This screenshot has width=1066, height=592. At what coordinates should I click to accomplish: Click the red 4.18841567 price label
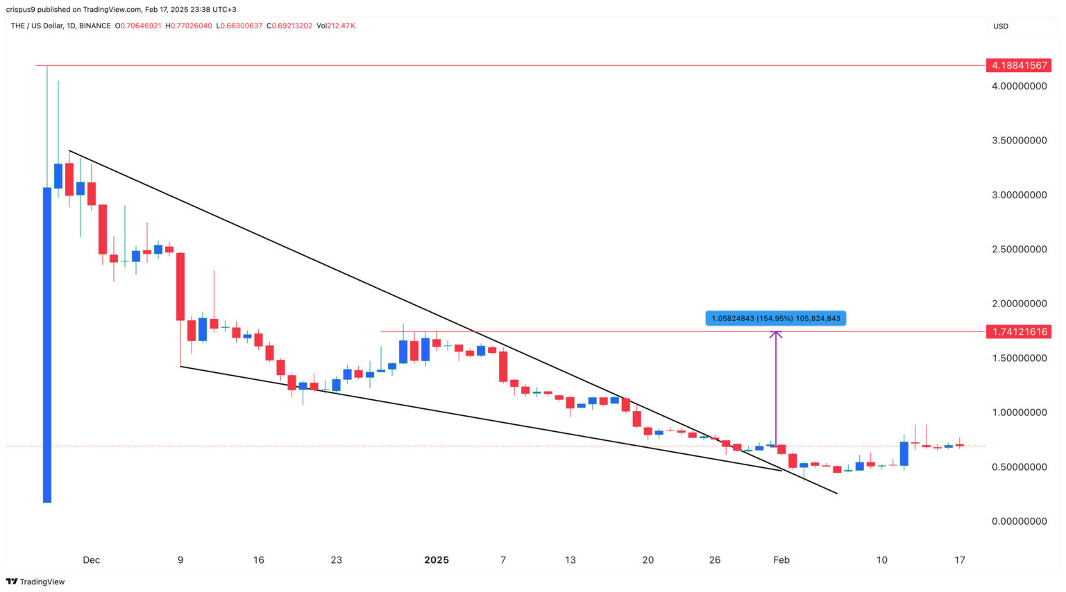click(x=1018, y=65)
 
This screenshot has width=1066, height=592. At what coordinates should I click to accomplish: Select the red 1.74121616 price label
click(x=1018, y=331)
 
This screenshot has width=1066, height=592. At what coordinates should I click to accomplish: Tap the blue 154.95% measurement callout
click(x=775, y=318)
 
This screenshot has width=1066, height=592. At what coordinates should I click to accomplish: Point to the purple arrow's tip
click(x=775, y=333)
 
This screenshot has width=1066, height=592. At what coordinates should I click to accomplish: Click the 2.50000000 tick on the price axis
click(x=1019, y=249)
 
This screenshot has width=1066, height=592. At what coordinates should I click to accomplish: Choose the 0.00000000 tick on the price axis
click(x=1019, y=521)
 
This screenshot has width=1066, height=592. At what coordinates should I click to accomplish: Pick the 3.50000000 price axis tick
click(x=1019, y=140)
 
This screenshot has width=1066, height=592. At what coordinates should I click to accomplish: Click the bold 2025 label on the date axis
click(x=437, y=560)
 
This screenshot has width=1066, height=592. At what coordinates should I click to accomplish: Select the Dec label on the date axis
click(x=91, y=560)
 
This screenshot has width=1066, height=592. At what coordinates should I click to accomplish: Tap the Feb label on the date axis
click(x=781, y=560)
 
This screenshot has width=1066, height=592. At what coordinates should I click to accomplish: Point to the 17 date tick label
click(x=959, y=560)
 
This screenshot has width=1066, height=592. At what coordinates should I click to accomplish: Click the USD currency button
click(x=1001, y=26)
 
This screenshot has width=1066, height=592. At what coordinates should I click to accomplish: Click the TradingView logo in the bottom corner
click(x=35, y=582)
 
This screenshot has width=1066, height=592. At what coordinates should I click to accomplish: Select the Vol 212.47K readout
click(x=335, y=26)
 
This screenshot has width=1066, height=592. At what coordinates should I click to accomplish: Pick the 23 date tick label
click(x=336, y=560)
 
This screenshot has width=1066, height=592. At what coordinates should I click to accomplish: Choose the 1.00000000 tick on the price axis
click(x=1019, y=412)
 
